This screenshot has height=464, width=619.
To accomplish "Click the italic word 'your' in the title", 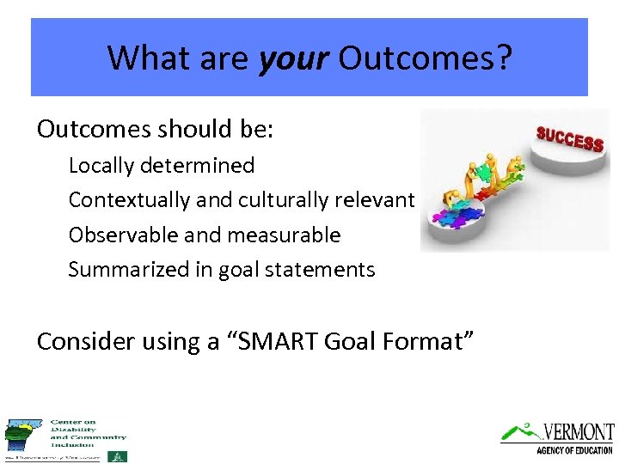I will [x=293, y=58].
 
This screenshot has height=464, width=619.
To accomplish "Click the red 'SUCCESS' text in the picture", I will [x=569, y=138].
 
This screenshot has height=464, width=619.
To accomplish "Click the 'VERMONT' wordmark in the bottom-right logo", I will [x=579, y=431].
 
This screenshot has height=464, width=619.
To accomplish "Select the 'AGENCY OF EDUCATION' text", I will [x=573, y=450].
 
